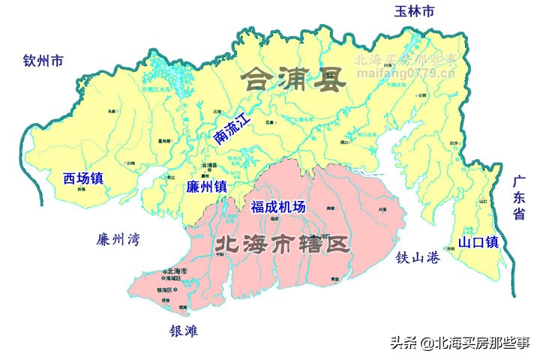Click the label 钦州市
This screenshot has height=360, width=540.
[43, 61]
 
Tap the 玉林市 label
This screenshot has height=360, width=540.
[415, 11]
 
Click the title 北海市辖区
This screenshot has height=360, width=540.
[282, 244]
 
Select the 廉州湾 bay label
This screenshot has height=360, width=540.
[118, 240]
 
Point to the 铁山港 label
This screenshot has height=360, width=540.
[418, 257]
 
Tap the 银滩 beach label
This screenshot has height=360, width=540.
[184, 331]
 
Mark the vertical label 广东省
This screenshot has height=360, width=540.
[518, 198]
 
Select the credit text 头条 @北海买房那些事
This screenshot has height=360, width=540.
[460, 343]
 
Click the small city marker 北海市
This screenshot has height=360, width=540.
[176, 271]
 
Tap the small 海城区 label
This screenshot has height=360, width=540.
[178, 278]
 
